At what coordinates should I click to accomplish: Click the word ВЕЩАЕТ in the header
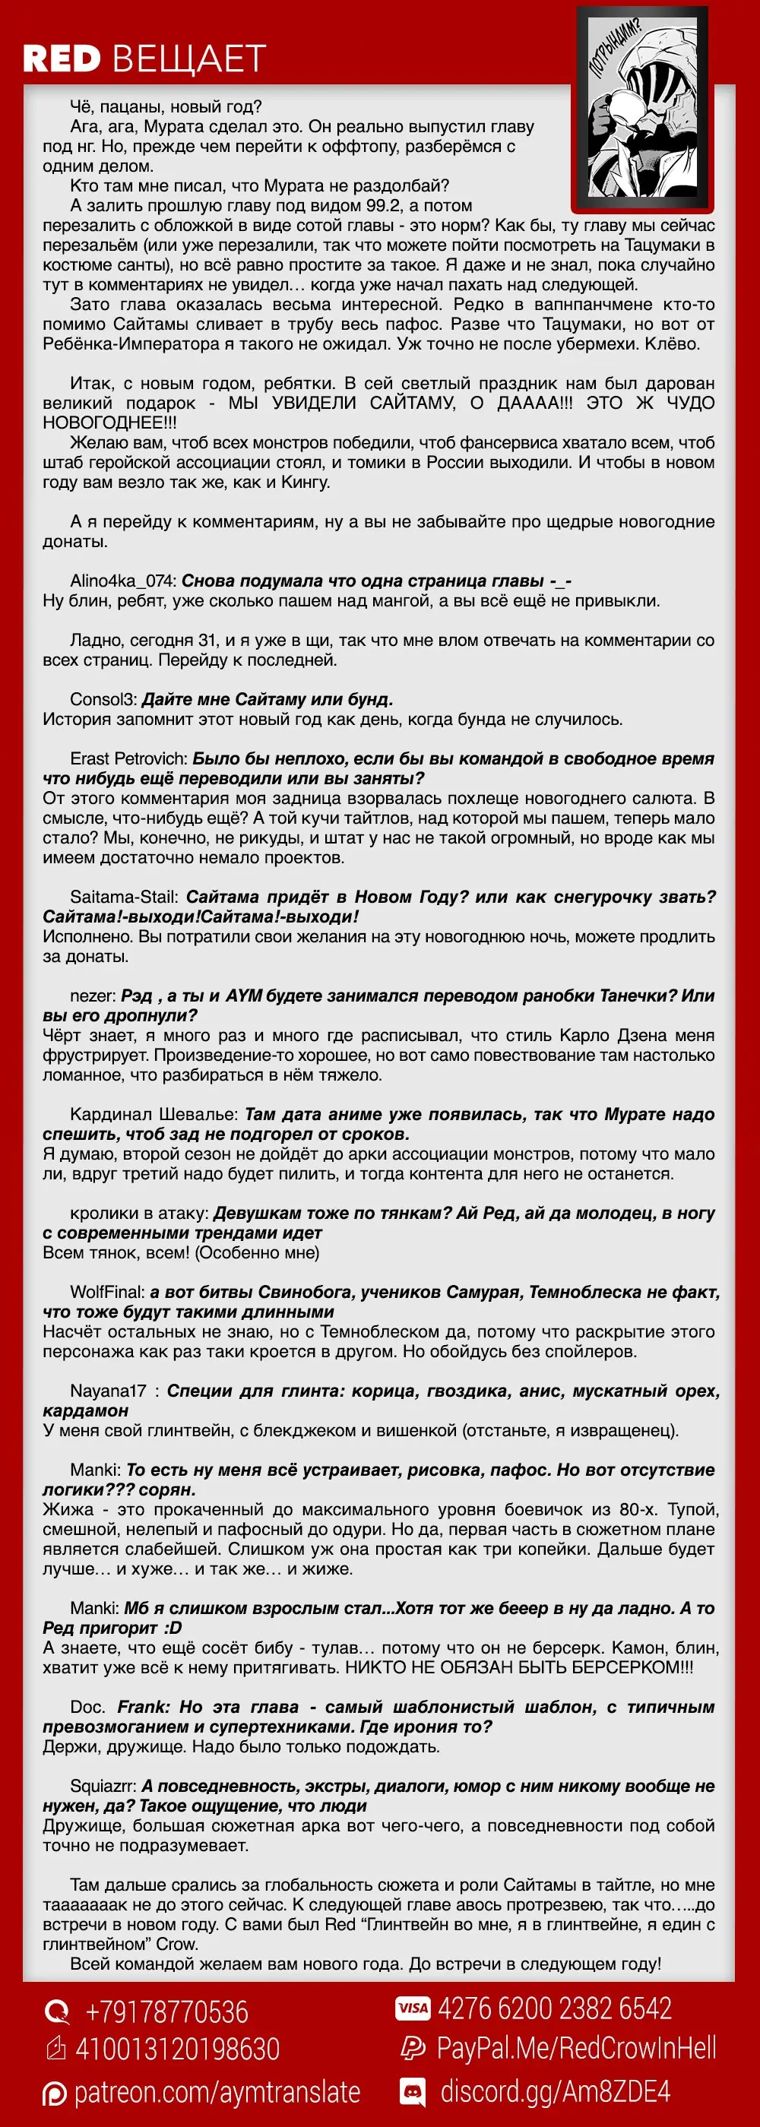(x=189, y=59)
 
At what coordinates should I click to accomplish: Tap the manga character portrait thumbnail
(x=642, y=107)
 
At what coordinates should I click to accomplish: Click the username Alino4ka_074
(x=122, y=581)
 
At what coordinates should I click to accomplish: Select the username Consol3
(x=103, y=699)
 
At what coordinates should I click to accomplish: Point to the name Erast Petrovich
(x=129, y=759)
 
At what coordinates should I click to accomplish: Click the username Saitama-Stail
(x=124, y=897)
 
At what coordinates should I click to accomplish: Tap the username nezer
(x=93, y=996)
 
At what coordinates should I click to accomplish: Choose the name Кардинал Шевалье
(x=154, y=1115)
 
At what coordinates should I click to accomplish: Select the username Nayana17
(x=108, y=1391)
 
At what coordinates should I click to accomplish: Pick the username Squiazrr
(x=103, y=1787)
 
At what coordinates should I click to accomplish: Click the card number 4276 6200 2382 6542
(x=554, y=2009)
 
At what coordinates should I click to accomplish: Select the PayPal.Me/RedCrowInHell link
(x=576, y=2049)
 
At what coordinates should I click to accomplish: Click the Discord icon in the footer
(x=412, y=2092)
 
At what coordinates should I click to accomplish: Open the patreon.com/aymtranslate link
(x=217, y=2092)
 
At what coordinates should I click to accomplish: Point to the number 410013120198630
(x=178, y=2049)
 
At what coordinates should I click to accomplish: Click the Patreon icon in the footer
(x=55, y=2094)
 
